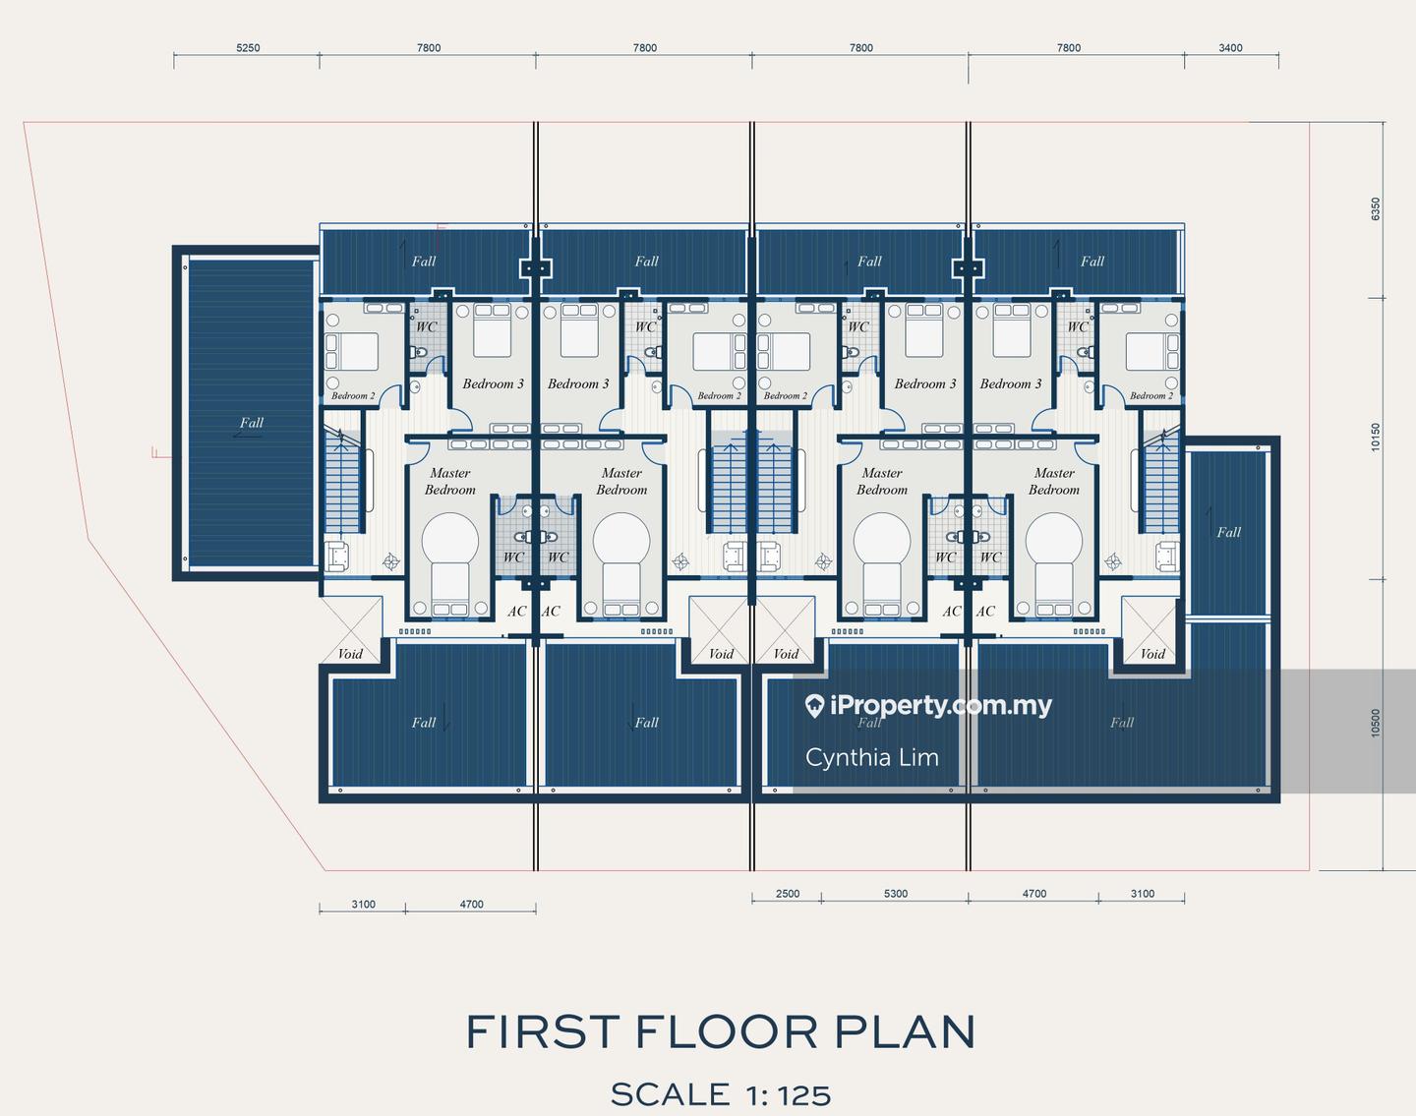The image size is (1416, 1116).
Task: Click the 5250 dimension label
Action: pyautogui.click(x=248, y=48)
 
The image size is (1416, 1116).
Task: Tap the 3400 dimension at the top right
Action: pyautogui.click(x=1230, y=48)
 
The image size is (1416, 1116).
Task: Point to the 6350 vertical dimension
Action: pyautogui.click(x=1376, y=209)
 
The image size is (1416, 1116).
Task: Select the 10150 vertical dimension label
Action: pyautogui.click(x=1376, y=437)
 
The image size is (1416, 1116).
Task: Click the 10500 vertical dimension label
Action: pyautogui.click(x=1376, y=723)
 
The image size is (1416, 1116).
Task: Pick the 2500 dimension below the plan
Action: pyautogui.click(x=788, y=894)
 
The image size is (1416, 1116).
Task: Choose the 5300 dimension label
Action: pyautogui.click(x=896, y=894)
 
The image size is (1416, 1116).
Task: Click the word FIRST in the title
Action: pyautogui.click(x=543, y=1031)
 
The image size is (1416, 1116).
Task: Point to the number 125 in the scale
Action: pyautogui.click(x=804, y=1095)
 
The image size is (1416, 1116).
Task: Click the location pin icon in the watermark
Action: pyautogui.click(x=814, y=707)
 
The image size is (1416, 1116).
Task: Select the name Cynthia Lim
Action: pyautogui.click(x=872, y=757)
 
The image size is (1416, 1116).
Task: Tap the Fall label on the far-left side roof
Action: pyautogui.click(x=252, y=423)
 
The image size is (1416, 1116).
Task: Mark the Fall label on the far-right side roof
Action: pyautogui.click(x=1228, y=532)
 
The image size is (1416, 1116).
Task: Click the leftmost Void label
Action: pyautogui.click(x=350, y=654)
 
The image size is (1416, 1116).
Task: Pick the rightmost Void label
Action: pyautogui.click(x=1152, y=654)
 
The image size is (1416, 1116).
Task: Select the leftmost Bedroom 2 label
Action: pyautogui.click(x=353, y=395)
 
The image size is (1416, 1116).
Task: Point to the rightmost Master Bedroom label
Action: pyautogui.click(x=1054, y=481)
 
